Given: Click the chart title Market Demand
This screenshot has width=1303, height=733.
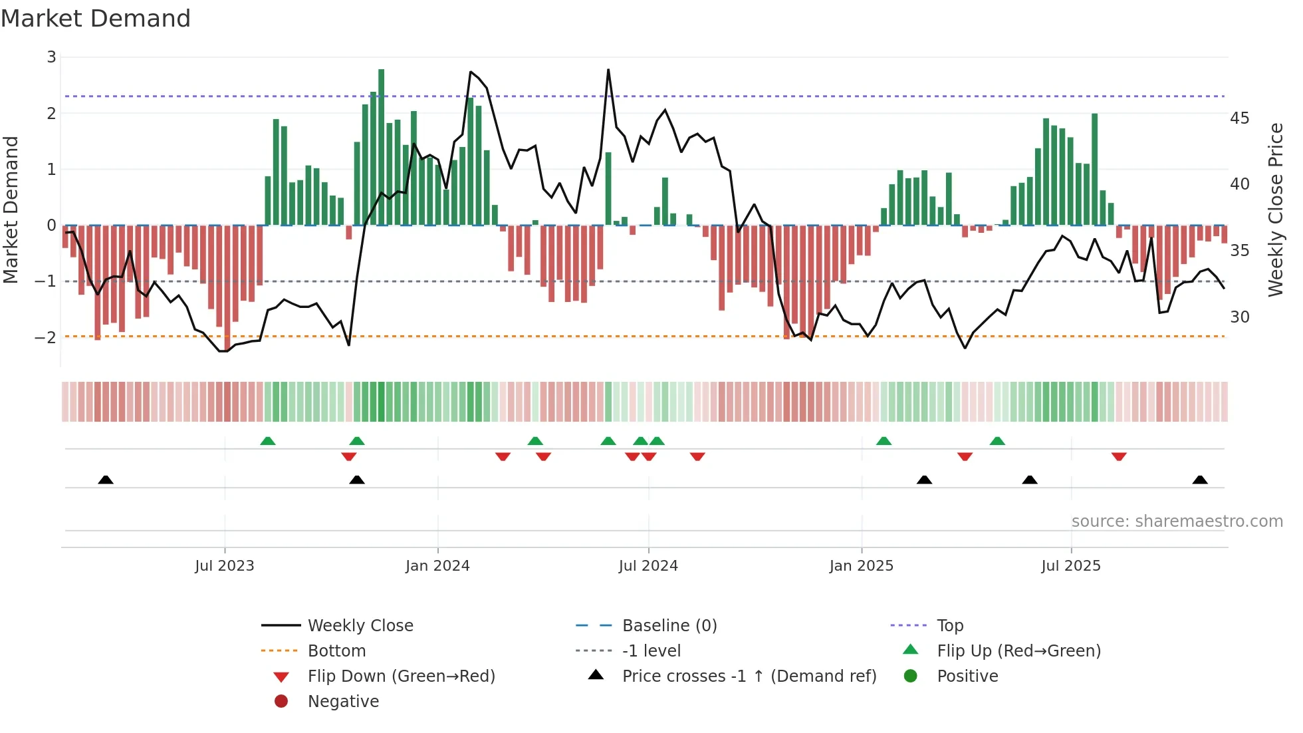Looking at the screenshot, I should (96, 19).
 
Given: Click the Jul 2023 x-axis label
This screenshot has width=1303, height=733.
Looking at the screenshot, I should (224, 566).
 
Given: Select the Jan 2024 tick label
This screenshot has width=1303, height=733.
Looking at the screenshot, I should (437, 566).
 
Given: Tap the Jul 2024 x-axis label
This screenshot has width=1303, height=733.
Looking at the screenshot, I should (648, 566).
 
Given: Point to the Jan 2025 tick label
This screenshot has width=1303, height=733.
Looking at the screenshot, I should (861, 566).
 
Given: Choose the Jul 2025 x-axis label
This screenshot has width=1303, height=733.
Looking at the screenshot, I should (1071, 566).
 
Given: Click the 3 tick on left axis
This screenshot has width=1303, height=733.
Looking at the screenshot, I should (51, 57).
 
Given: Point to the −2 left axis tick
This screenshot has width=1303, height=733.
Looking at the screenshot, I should (46, 337).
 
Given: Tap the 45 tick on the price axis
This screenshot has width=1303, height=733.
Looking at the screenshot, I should (1239, 118).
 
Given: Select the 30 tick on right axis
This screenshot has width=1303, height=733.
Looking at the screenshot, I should (1239, 317).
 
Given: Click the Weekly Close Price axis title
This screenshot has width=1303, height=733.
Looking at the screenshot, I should (1275, 210).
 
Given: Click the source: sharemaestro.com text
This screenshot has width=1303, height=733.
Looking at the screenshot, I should (1177, 521).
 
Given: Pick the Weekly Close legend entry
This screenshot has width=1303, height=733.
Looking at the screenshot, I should (360, 626).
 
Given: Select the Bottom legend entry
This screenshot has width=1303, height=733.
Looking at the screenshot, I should (336, 651).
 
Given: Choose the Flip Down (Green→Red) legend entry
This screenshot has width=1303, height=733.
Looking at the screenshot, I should (401, 676).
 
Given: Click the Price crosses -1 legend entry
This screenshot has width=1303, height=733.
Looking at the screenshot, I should (749, 676).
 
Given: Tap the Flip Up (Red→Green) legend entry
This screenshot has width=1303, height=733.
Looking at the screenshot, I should (1018, 651).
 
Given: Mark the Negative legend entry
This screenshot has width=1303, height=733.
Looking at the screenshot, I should (343, 702).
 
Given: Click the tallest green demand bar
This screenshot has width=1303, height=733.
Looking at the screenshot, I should (381, 146).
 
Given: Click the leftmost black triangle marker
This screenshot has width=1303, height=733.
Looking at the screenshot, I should (106, 480).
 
